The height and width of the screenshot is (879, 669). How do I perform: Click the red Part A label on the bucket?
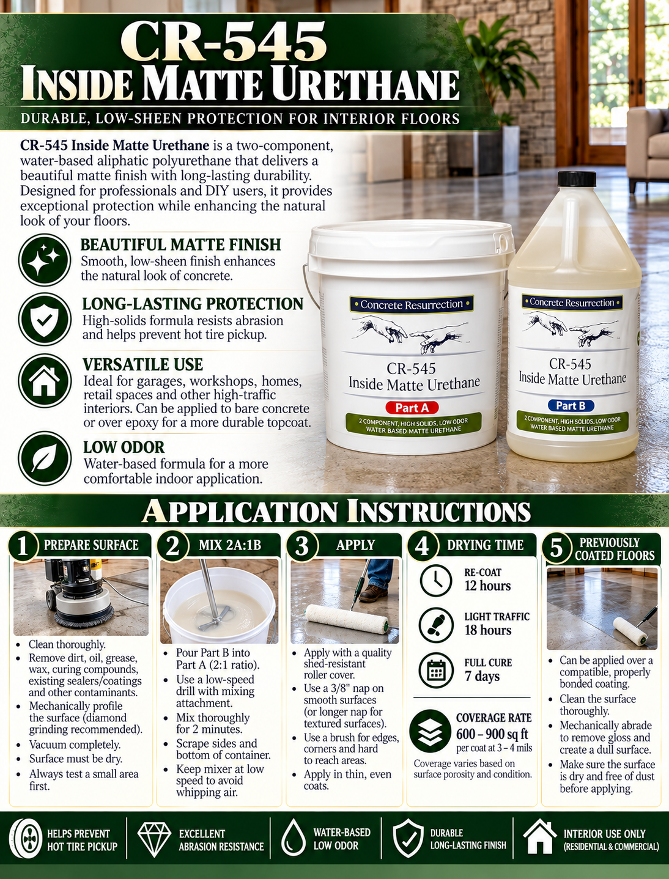click(412, 408)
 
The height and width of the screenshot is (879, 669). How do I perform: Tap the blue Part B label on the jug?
click(571, 406)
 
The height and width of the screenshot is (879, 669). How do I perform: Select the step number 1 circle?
click(23, 545)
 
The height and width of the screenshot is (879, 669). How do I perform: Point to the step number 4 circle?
click(421, 545)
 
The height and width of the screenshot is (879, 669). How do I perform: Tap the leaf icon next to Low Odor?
click(45, 458)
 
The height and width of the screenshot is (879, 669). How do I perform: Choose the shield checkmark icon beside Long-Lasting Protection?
click(45, 319)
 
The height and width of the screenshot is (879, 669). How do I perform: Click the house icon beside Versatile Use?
click(45, 380)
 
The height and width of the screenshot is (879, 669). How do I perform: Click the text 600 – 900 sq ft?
click(492, 734)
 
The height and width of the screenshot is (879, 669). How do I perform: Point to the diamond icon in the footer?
click(154, 840)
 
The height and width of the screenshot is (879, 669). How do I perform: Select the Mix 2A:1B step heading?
click(230, 545)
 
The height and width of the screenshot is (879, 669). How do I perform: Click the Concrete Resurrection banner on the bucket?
click(412, 304)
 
